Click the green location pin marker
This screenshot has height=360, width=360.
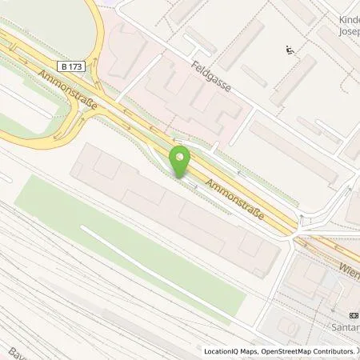(182, 160)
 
